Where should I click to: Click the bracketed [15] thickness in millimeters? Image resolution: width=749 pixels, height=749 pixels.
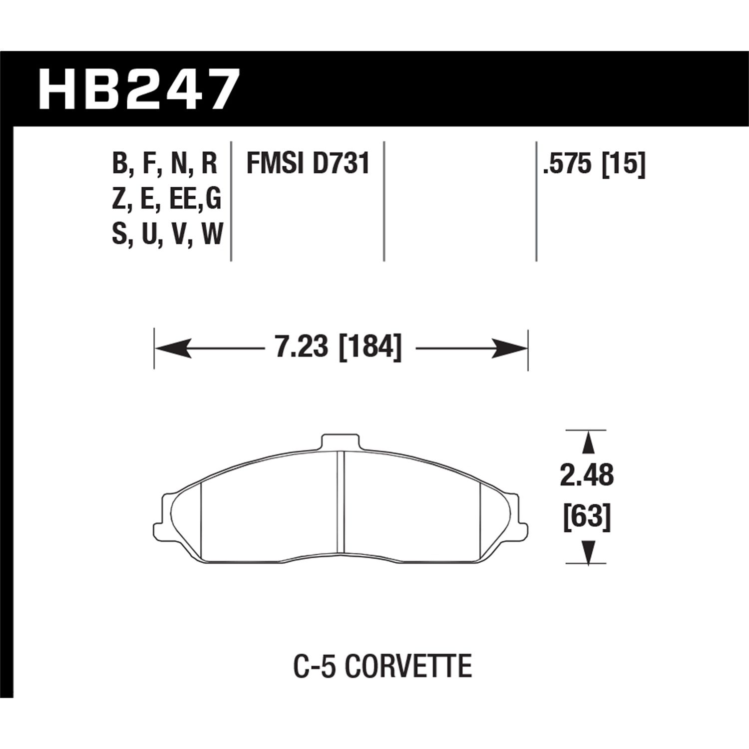(624, 164)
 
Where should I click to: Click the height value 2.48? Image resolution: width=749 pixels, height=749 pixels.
(587, 475)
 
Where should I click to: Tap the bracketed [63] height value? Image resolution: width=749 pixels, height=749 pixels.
(587, 518)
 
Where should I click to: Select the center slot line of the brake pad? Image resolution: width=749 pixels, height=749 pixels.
(341, 499)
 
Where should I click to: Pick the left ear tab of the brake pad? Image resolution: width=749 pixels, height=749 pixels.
(161, 528)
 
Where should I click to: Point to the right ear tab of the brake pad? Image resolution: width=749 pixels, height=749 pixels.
(521, 528)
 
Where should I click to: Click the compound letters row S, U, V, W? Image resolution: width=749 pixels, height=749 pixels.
(167, 235)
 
